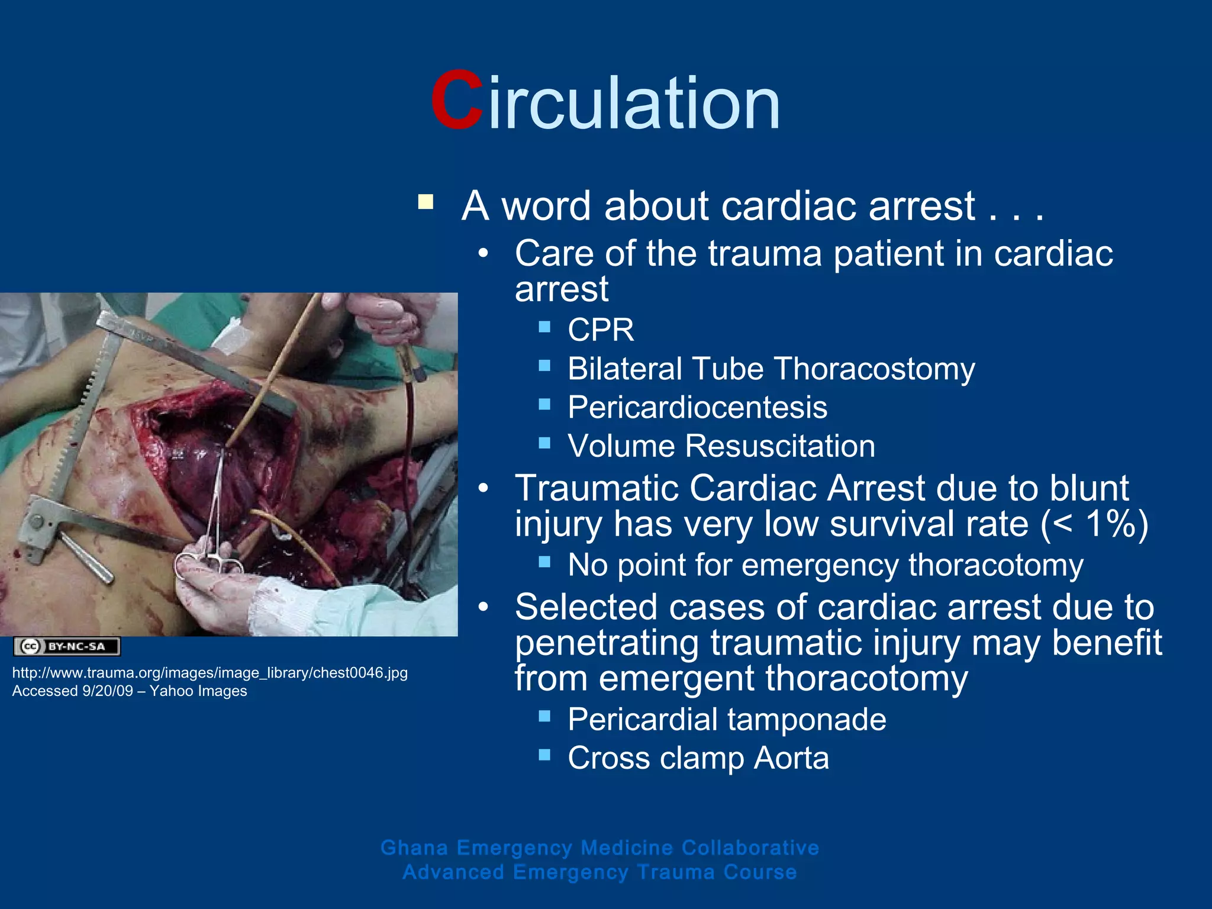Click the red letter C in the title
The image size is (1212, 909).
tap(456, 101)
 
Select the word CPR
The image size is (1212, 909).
tap(600, 330)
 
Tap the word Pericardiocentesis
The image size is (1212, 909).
tap(697, 408)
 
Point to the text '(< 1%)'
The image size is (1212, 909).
tap(1095, 524)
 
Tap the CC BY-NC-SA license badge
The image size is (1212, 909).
tap(67, 646)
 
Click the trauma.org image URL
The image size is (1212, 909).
tap(209, 673)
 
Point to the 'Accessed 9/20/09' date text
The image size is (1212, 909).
tap(72, 691)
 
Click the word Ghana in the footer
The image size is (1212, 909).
tap(414, 847)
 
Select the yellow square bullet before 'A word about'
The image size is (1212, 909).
tap(426, 202)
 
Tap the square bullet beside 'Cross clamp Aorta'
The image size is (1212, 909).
tap(544, 755)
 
